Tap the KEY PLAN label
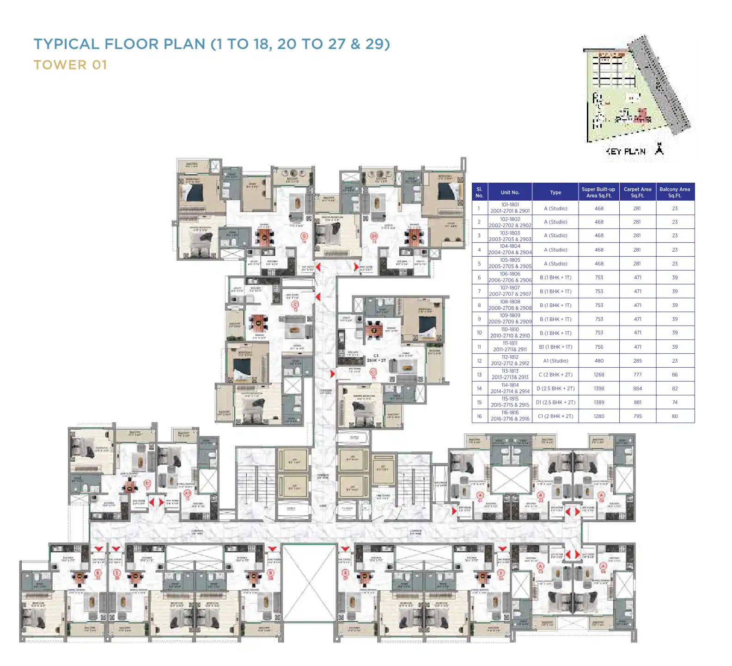(626, 151)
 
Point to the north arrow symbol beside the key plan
(659, 149)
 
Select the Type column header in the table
(555, 192)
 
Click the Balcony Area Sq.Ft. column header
(675, 192)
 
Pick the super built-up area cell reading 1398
(599, 388)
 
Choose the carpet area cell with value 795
(637, 416)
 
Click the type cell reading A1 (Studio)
(555, 361)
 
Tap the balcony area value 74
(675, 402)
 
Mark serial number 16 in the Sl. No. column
(479, 416)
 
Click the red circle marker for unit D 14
(304, 237)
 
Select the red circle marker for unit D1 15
(374, 236)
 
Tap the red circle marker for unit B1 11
(148, 483)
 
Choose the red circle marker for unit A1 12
(188, 493)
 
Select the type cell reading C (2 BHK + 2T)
(555, 375)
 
